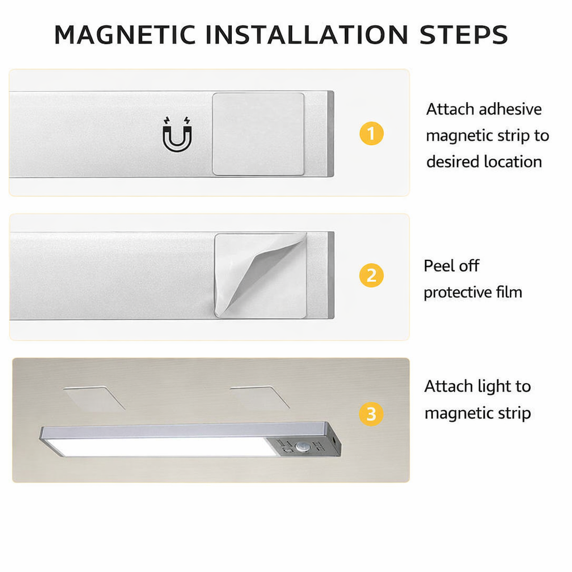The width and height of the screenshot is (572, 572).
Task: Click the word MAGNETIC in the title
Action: click(125, 35)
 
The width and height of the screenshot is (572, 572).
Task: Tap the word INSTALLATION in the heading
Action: click(307, 35)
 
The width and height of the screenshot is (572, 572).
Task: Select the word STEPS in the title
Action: click(463, 35)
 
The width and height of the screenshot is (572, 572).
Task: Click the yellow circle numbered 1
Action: click(371, 134)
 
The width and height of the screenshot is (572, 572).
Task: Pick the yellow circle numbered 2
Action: click(371, 275)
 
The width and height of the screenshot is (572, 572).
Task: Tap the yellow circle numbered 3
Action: click(371, 414)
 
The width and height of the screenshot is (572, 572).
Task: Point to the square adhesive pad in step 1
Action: click(258, 134)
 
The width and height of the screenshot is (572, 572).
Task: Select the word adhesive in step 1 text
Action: click(511, 109)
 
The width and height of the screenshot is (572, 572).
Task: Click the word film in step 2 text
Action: click(509, 292)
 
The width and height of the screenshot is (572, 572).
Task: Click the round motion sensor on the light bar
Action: click(301, 446)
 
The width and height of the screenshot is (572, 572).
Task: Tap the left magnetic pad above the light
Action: click(94, 398)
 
